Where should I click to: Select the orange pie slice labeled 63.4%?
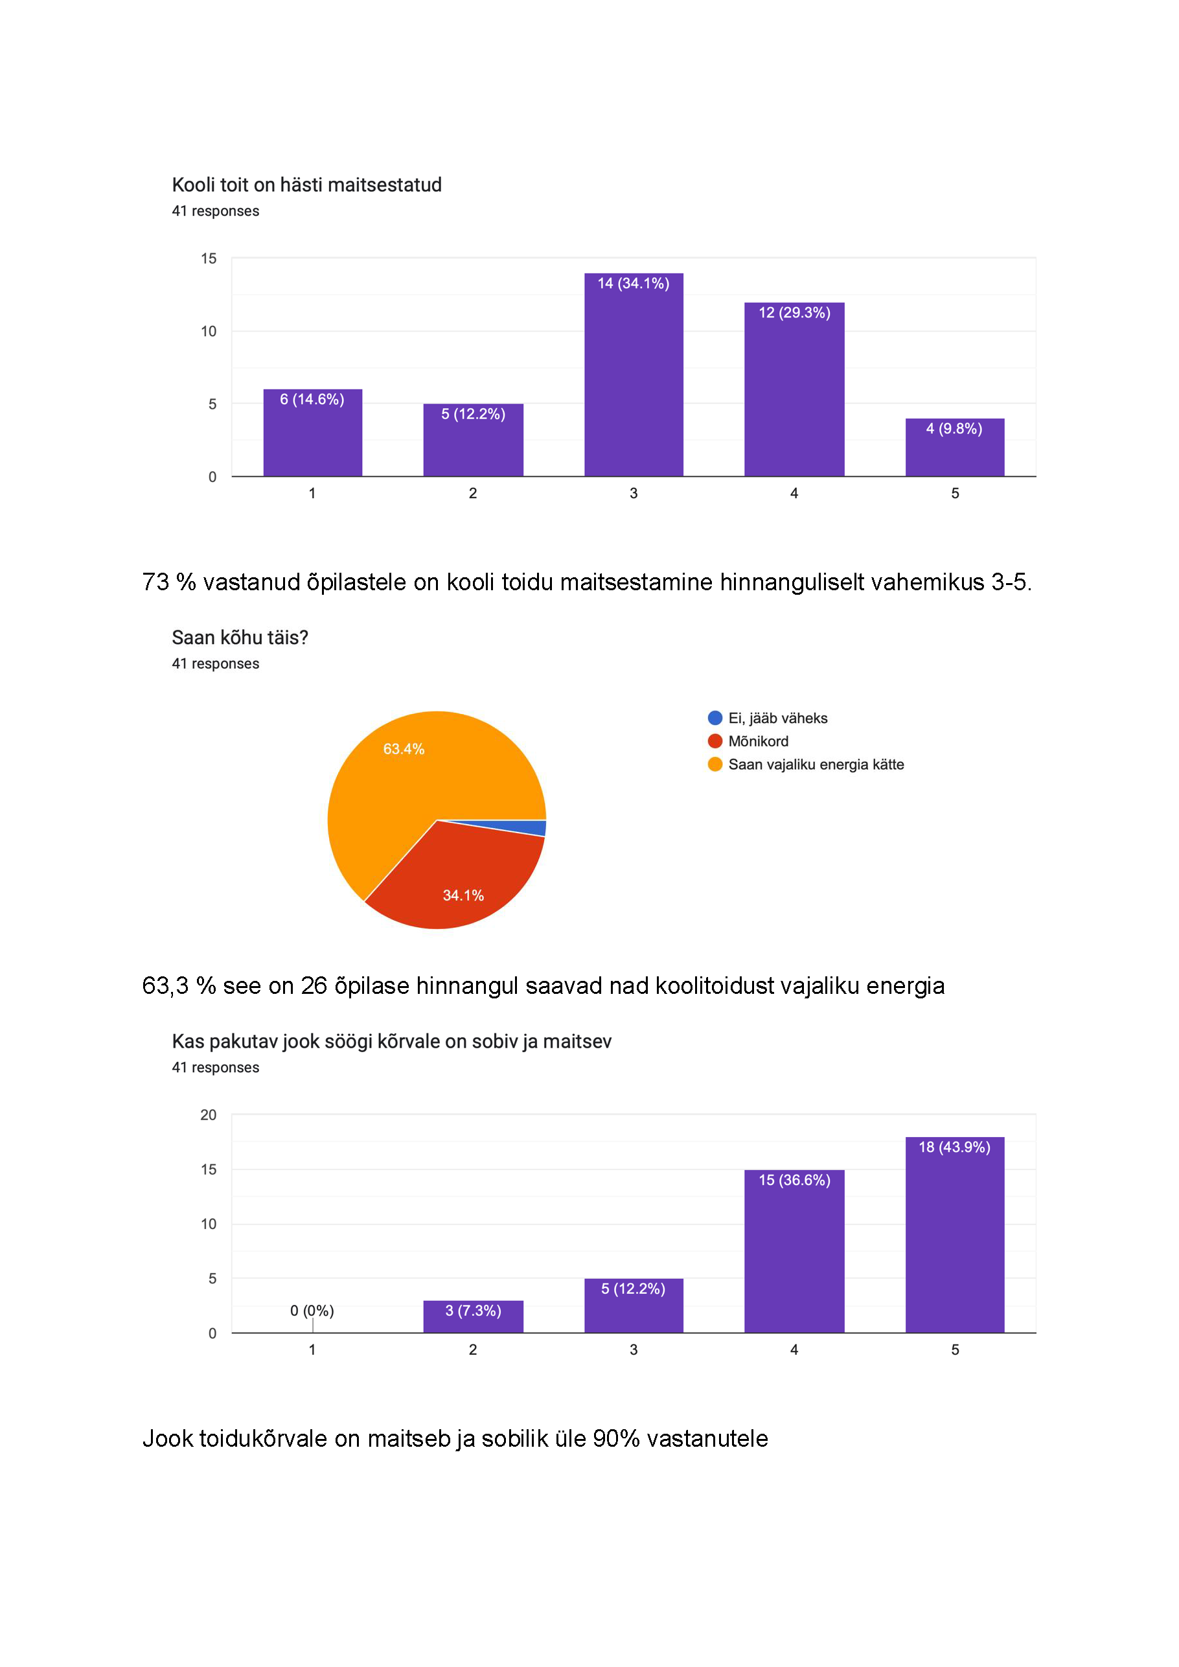pyautogui.click(x=407, y=777)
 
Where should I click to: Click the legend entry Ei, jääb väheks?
pyautogui.click(x=777, y=718)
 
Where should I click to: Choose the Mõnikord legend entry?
pyautogui.click(x=758, y=741)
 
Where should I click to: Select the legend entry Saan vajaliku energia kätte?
pyautogui.click(x=816, y=765)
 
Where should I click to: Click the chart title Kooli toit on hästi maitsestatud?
pyautogui.click(x=306, y=185)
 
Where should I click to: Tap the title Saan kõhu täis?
pyautogui.click(x=240, y=638)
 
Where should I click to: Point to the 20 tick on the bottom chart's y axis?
pyautogui.click(x=209, y=1114)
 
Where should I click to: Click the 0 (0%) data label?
pyautogui.click(x=312, y=1311)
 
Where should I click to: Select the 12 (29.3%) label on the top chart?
pyautogui.click(x=794, y=313)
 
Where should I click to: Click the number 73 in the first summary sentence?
pyautogui.click(x=155, y=582)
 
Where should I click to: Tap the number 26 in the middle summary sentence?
pyautogui.click(x=314, y=986)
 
